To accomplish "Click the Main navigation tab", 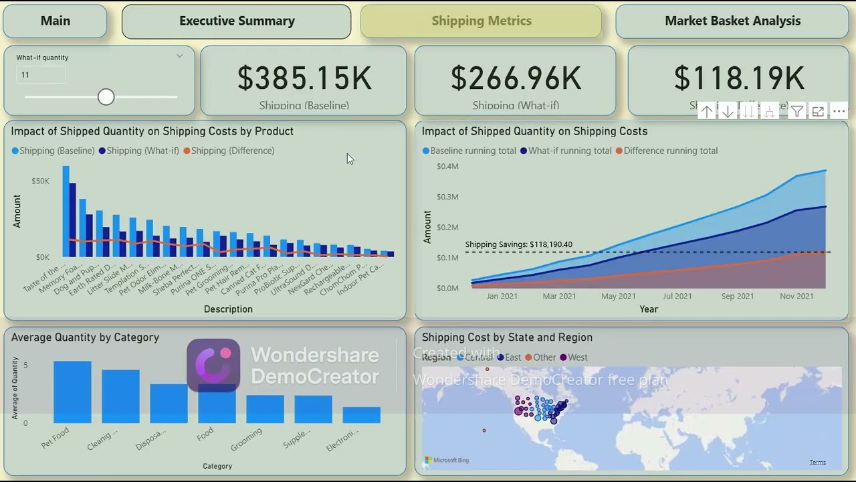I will click(x=55, y=21).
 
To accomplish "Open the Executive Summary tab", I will click(x=237, y=21).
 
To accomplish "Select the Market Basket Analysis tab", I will click(x=732, y=21).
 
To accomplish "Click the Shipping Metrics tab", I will click(x=481, y=21).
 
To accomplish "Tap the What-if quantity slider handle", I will click(x=106, y=97).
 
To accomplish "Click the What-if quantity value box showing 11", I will click(x=41, y=75).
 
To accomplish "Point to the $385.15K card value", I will click(x=304, y=78).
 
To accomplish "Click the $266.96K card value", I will click(x=516, y=78).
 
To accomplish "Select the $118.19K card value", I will click(x=738, y=78).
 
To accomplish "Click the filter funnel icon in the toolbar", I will click(x=796, y=112).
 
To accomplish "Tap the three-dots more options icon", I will click(x=839, y=112).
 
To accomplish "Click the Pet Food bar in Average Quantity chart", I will click(x=72, y=392).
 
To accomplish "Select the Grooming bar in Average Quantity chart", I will click(x=265, y=409).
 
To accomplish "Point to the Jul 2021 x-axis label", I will click(x=677, y=296).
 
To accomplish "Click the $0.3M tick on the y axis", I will click(x=447, y=197).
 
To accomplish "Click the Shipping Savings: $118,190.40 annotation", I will click(x=518, y=244).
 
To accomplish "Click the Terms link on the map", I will click(x=817, y=462).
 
